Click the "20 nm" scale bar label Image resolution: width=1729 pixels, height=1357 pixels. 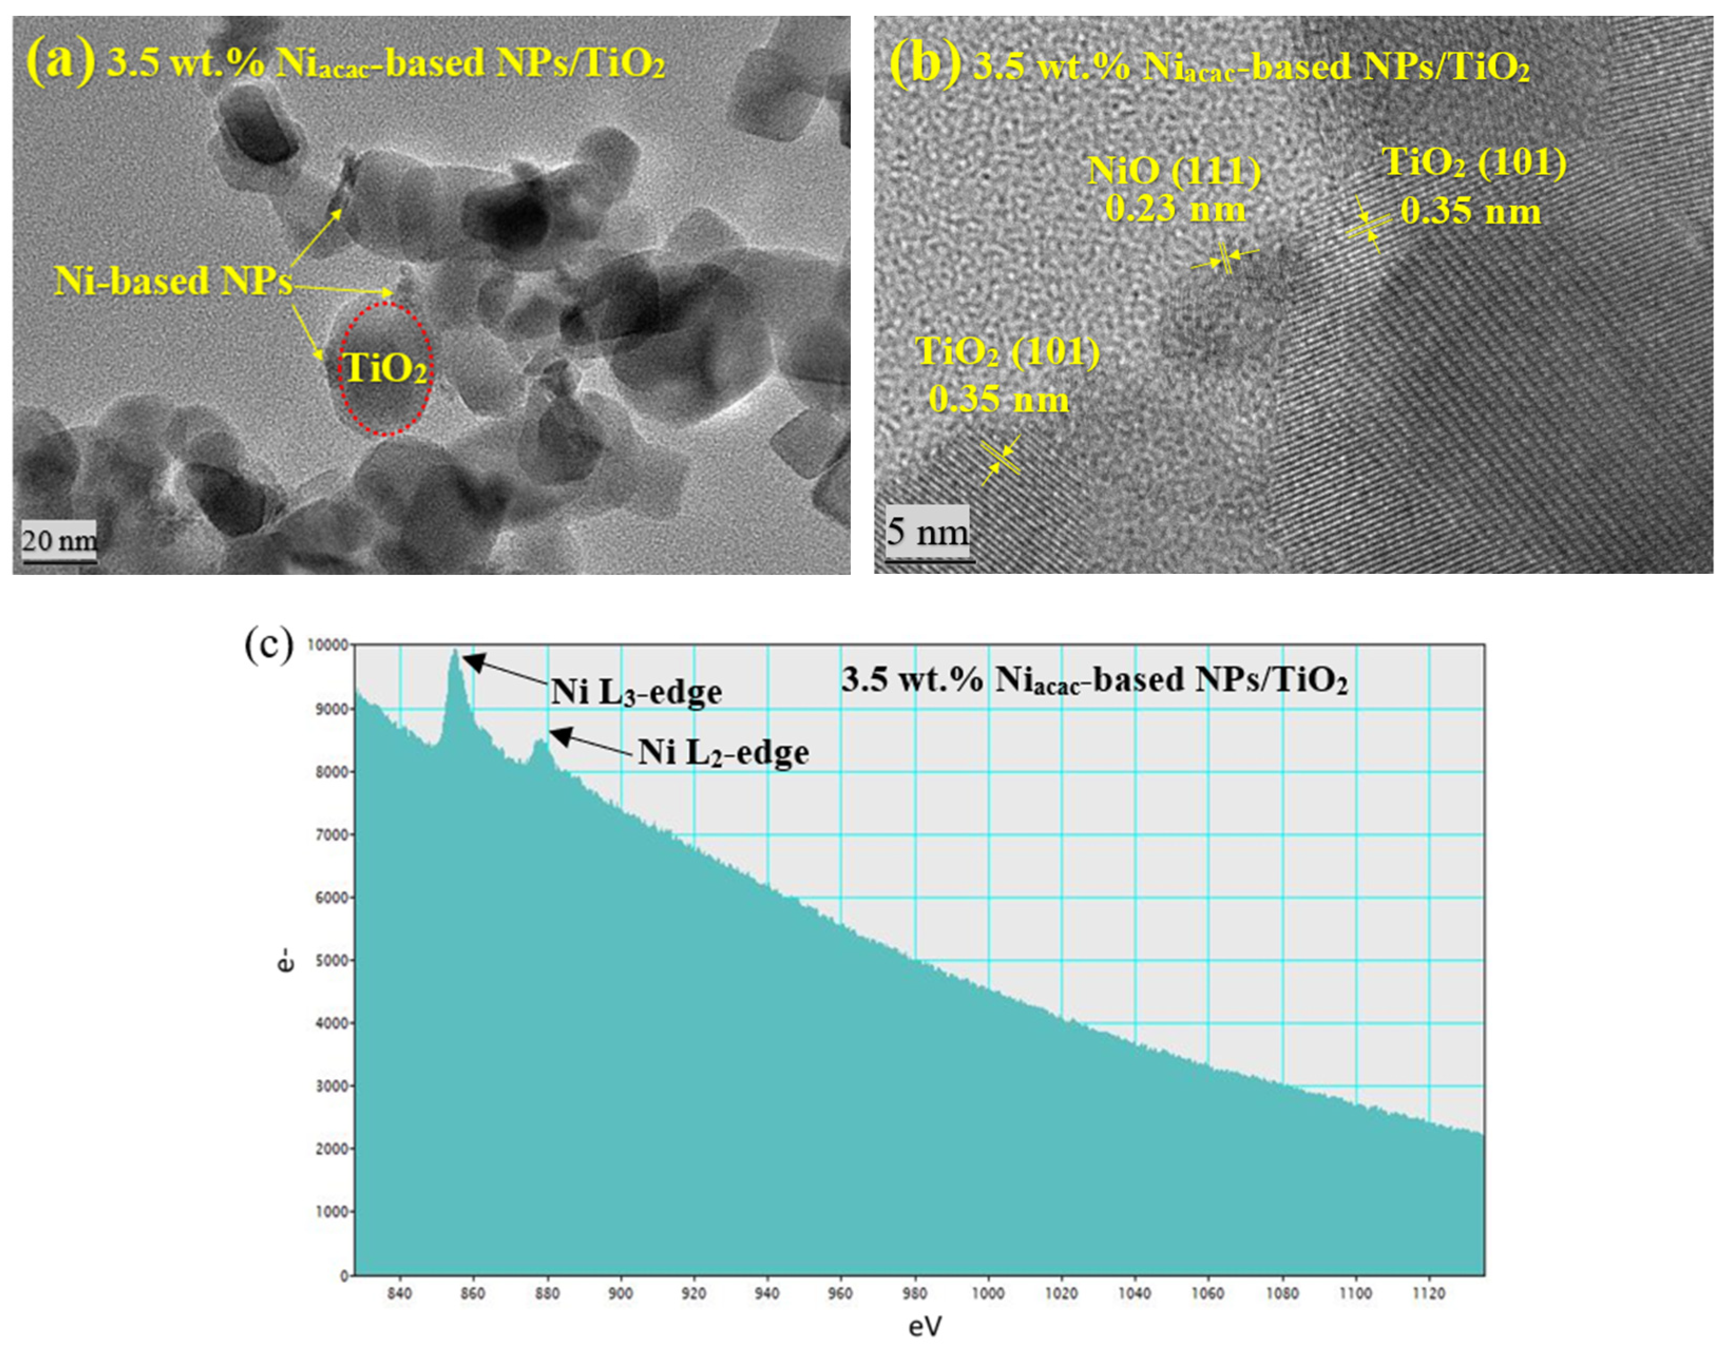[59, 541]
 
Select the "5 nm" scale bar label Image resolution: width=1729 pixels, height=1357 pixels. [927, 531]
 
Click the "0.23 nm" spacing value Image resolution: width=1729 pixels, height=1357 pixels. [1175, 209]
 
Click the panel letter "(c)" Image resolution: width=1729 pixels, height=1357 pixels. [268, 645]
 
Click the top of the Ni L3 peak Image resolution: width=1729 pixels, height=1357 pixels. [455, 651]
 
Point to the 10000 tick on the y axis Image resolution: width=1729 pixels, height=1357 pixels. [326, 646]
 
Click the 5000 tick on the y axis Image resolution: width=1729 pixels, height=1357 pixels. [329, 960]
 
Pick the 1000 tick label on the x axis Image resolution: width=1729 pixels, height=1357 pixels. [987, 1293]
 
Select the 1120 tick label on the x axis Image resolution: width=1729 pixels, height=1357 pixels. [1429, 1293]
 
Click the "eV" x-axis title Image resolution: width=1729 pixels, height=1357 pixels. [924, 1326]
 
